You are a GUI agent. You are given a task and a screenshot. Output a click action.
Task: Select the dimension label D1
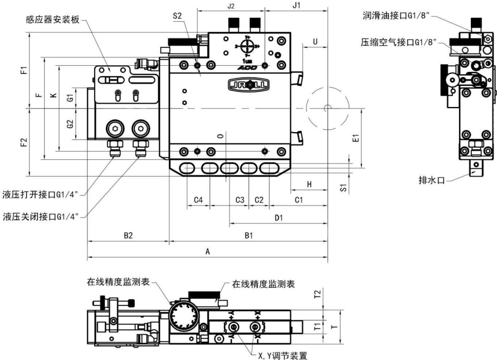click(x=279, y=217)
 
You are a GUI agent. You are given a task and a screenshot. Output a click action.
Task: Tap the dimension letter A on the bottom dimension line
click(x=207, y=252)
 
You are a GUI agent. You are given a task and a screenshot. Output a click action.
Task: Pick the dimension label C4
click(x=198, y=200)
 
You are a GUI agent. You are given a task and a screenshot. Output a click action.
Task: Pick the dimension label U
click(x=315, y=41)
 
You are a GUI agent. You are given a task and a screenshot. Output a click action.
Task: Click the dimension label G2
click(x=70, y=124)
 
